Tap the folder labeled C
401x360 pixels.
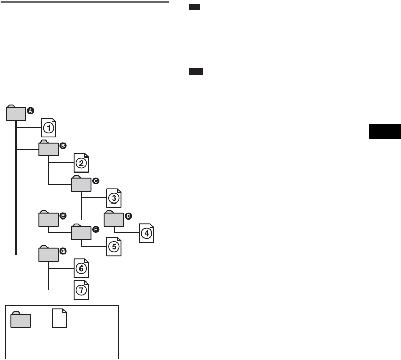coord(81,184)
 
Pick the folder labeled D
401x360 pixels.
coord(114,219)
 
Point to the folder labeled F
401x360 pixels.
coord(81,233)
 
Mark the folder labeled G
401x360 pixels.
coord(48,255)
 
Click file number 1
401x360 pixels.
coord(48,127)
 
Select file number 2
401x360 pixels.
coord(81,163)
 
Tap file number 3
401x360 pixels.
coord(114,198)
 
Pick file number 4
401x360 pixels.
coord(147,233)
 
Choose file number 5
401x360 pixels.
coord(114,246)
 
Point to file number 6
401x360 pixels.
coord(81,269)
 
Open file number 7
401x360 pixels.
coord(81,290)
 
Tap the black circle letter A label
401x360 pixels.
coord(30,110)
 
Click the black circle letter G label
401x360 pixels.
coord(63,251)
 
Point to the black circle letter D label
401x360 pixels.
coord(129,215)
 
